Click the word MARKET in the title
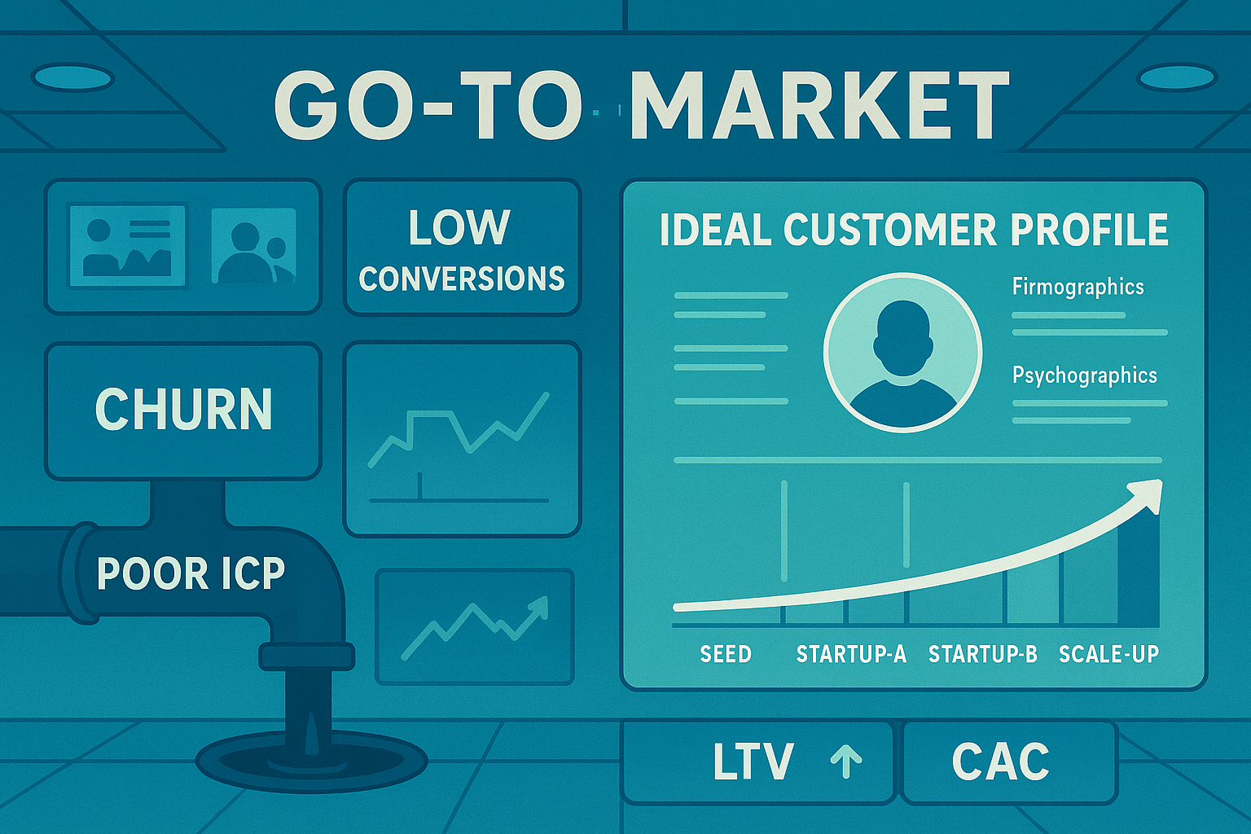[819, 106]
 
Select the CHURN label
[183, 409]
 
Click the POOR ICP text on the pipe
[191, 573]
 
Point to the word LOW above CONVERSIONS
[459, 227]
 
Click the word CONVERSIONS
[462, 279]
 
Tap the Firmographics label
[1078, 287]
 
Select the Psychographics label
[1084, 375]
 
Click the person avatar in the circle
[902, 352]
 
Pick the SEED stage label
[726, 654]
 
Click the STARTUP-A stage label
[851, 654]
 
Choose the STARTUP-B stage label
[983, 654]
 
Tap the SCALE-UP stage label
[1108, 654]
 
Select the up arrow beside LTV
[846, 761]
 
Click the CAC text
[1001, 762]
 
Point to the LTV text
[753, 762]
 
